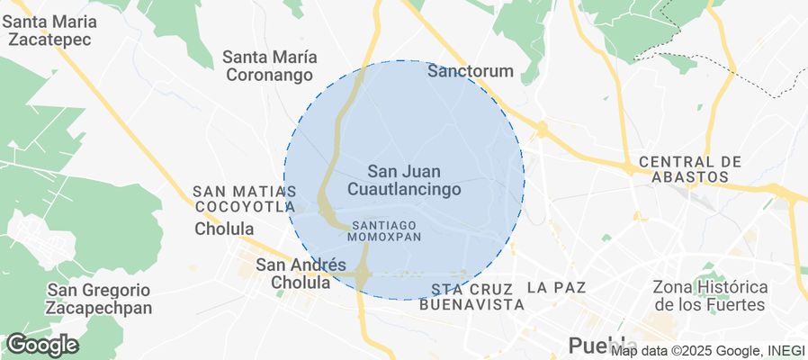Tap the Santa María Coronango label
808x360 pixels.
tap(269, 67)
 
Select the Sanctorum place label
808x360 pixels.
tap(470, 71)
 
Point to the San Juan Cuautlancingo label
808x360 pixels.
tap(403, 180)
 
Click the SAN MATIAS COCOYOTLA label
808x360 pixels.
tap(245, 199)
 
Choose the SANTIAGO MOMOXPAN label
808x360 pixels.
tap(384, 229)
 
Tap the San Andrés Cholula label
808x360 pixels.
tap(301, 274)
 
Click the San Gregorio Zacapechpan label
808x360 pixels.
tap(99, 299)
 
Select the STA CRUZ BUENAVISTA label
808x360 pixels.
tap(471, 297)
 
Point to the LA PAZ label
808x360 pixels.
tap(556, 288)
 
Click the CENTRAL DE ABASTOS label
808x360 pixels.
tap(689, 169)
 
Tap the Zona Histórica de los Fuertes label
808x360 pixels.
tap(710, 296)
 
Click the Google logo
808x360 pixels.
tap(41, 345)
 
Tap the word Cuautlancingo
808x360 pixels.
tap(403, 190)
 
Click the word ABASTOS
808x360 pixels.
tap(689, 177)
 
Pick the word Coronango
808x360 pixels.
tap(269, 76)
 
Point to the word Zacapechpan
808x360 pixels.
tap(99, 308)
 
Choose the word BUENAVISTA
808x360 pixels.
tap(471, 305)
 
